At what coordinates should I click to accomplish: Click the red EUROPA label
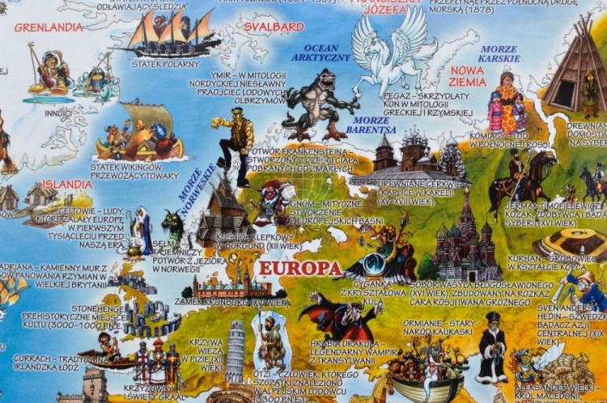(299, 268)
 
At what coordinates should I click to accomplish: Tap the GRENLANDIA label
(49, 27)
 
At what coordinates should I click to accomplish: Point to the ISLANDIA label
(66, 185)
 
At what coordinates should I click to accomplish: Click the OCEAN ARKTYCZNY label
(327, 53)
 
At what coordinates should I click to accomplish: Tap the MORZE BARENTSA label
(371, 125)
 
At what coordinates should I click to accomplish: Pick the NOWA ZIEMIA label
(468, 76)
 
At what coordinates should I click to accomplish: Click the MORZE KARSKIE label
(499, 53)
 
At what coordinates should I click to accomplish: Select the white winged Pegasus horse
(393, 53)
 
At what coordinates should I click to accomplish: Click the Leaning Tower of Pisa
(236, 350)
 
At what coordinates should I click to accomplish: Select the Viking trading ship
(139, 134)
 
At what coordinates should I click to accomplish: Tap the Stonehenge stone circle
(151, 320)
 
